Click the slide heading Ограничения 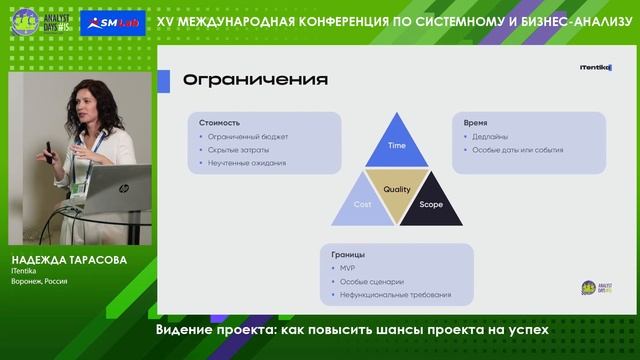click(x=242, y=79)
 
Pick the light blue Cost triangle click(x=363, y=204)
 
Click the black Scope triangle click(x=430, y=204)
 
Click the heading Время click(x=476, y=122)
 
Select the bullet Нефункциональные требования click(x=394, y=294)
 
